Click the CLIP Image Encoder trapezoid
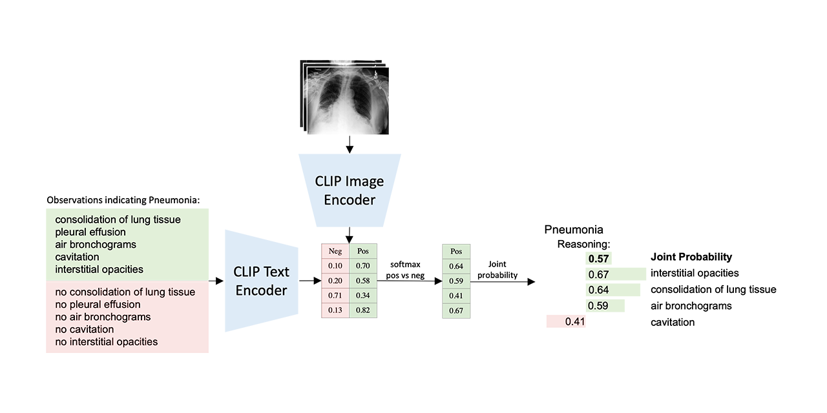point(350,190)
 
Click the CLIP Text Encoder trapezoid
point(260,281)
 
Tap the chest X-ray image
point(348,99)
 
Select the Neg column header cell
point(335,251)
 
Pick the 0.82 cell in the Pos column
point(363,310)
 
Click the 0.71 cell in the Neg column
point(335,296)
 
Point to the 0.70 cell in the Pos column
point(363,266)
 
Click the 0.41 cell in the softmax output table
point(456,296)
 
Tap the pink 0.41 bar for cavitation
point(566,321)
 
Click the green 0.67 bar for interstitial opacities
point(615,274)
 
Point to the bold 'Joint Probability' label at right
point(691,257)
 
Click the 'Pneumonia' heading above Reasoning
point(574,230)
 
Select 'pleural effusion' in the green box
point(90,232)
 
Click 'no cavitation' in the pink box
point(84,329)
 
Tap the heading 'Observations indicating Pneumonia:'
point(123,200)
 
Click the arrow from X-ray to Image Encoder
point(350,144)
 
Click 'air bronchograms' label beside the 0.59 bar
point(691,305)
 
